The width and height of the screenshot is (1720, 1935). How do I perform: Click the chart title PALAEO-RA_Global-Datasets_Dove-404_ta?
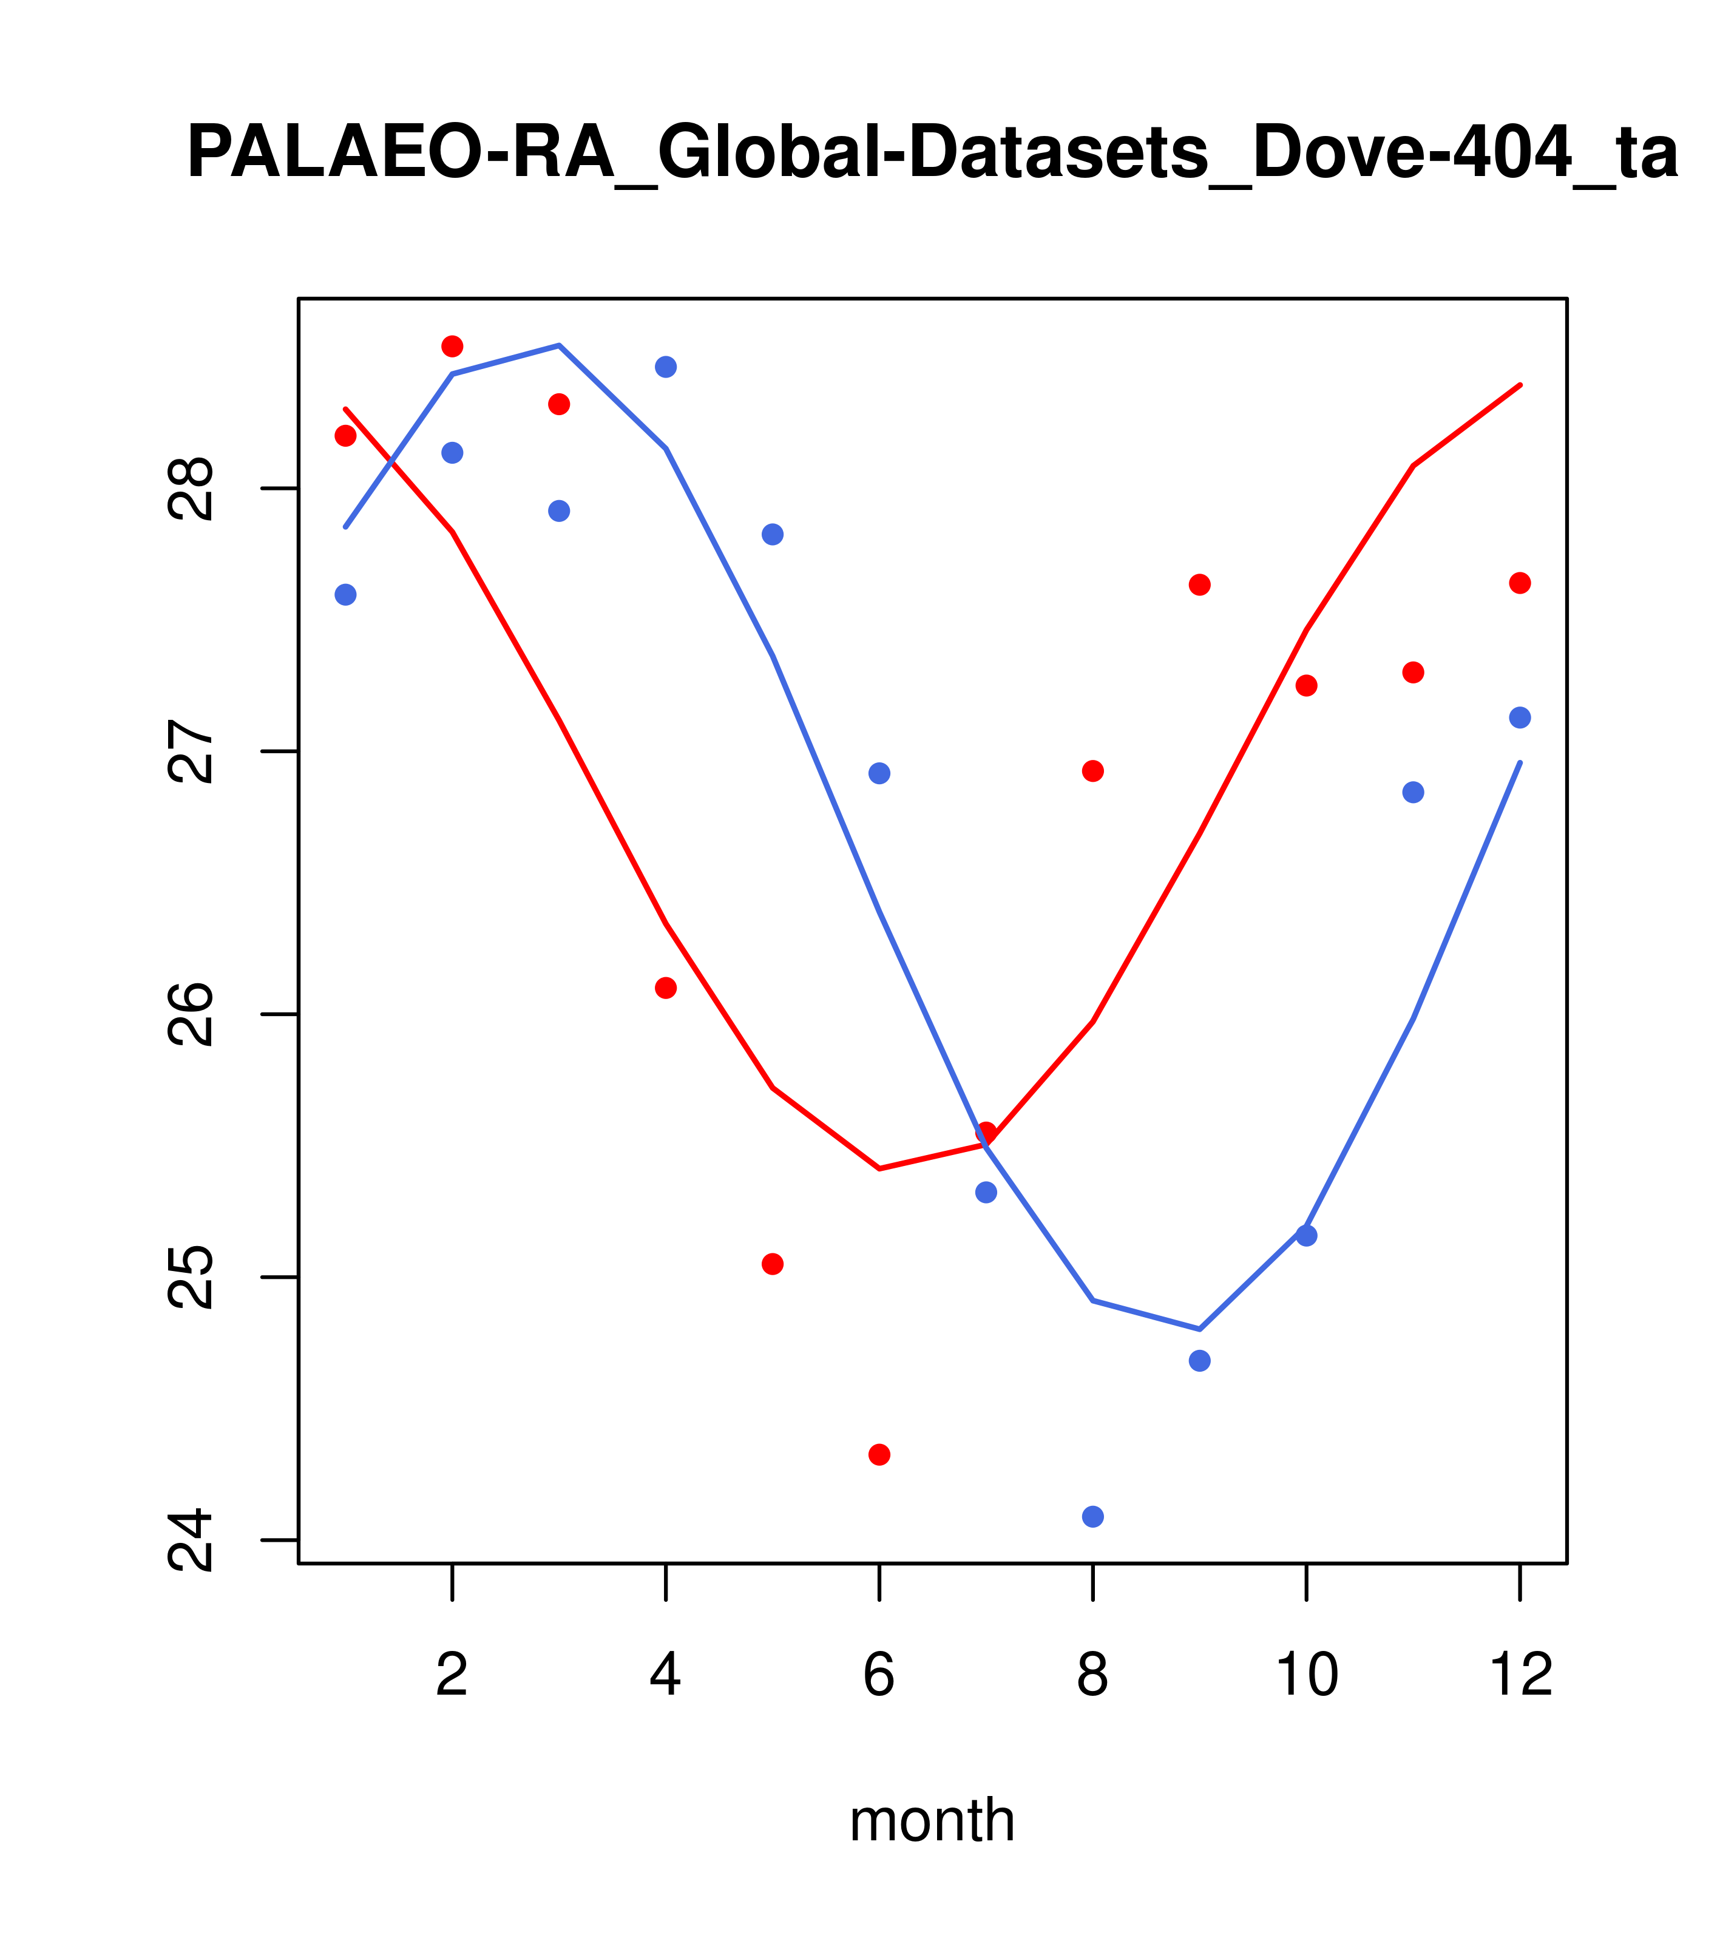(x=932, y=154)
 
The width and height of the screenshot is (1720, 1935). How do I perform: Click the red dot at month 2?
(x=453, y=347)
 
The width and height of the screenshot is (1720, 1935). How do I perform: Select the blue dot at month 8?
(x=1092, y=1517)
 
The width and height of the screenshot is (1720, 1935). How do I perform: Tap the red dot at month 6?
(x=879, y=1455)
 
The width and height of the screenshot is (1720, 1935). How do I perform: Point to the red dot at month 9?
(x=1199, y=585)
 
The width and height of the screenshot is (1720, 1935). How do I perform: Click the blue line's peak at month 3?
(x=560, y=345)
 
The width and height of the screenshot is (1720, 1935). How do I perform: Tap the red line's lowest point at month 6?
(x=879, y=1169)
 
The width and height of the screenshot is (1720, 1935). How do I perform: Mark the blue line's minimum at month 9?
(x=1199, y=1329)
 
